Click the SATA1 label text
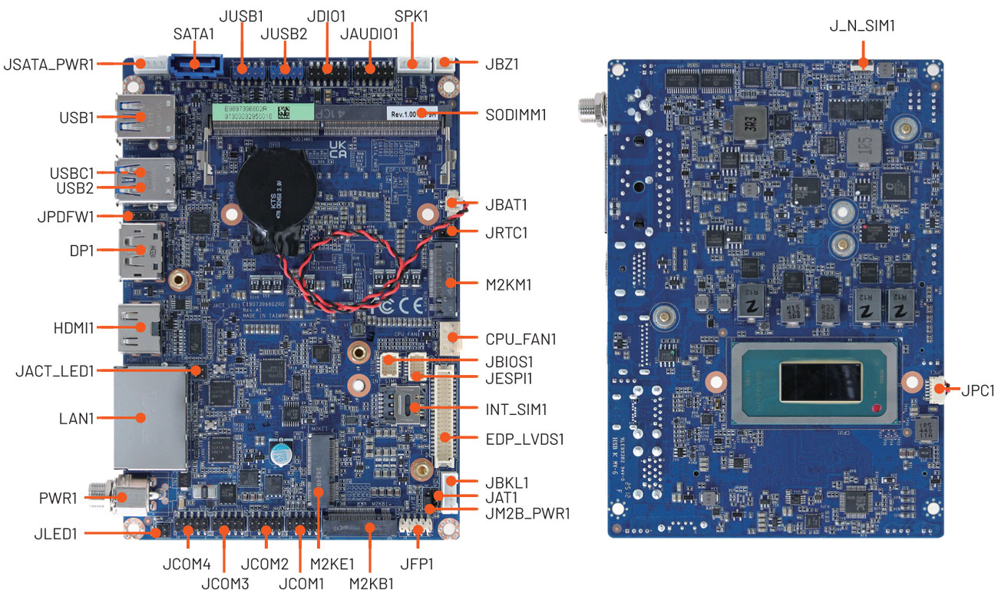[x=194, y=35]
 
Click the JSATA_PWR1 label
[x=49, y=65]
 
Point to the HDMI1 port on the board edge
[x=139, y=327]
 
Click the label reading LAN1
[x=76, y=418]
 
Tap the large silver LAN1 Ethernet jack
[x=150, y=418]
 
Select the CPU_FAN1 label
[x=520, y=338]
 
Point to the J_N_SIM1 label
[x=862, y=26]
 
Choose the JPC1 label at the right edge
[x=977, y=390]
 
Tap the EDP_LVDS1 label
[x=525, y=439]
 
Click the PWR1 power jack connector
[x=123, y=496]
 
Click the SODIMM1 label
[x=516, y=114]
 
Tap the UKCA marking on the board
[x=339, y=148]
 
